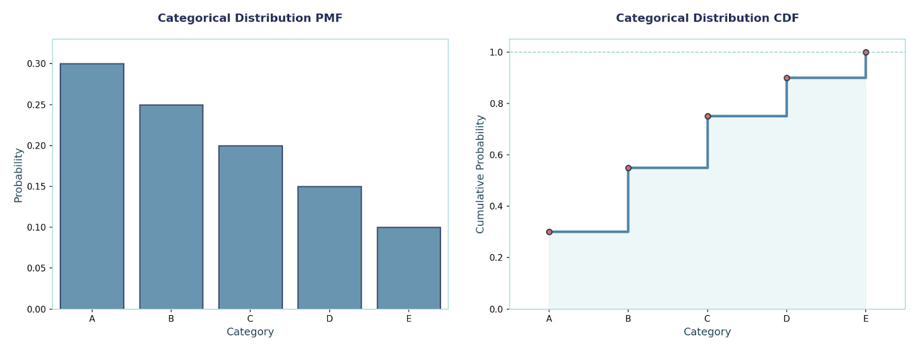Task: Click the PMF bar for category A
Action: pos(92,186)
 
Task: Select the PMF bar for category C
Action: pos(250,227)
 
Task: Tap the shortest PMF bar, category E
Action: pos(409,268)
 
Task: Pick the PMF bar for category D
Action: pos(329,248)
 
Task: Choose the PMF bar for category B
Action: pos(171,207)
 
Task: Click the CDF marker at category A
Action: pos(549,232)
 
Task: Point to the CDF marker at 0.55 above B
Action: pos(628,168)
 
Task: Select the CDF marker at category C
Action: pos(708,116)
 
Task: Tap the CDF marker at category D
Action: pos(787,78)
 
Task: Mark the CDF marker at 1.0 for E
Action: pos(866,52)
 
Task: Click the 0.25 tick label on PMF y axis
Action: pos(36,105)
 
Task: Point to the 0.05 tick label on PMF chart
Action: pos(36,268)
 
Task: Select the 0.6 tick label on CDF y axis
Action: pos(496,155)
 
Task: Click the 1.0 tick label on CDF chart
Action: pos(496,52)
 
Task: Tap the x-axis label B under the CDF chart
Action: pos(628,319)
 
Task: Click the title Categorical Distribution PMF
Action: pos(250,18)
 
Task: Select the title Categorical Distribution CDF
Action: pos(707,18)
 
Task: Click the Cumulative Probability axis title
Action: pos(480,174)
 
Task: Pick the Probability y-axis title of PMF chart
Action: pos(18,175)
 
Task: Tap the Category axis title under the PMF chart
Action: pos(250,332)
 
